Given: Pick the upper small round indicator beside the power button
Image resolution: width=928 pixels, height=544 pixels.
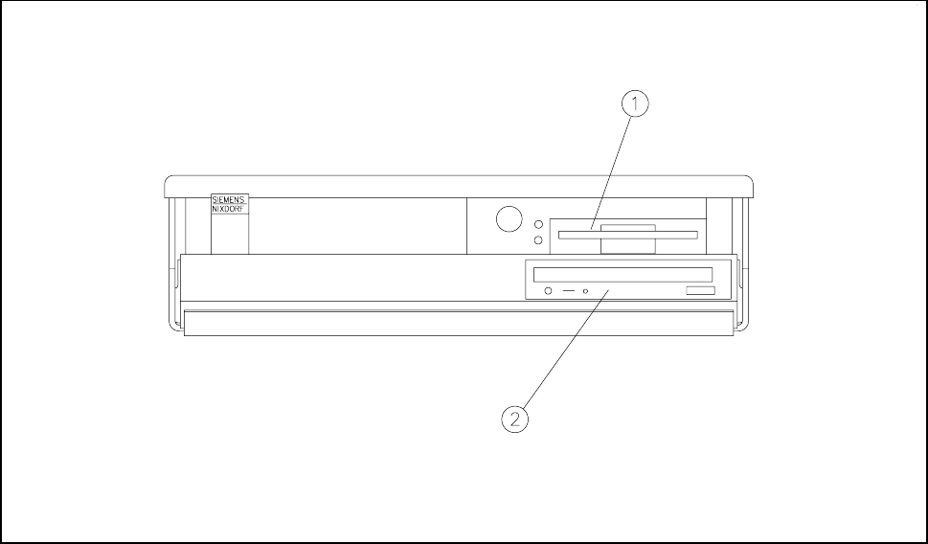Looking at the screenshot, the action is click(538, 223).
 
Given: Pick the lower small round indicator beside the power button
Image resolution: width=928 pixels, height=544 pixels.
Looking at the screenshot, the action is click(538, 238).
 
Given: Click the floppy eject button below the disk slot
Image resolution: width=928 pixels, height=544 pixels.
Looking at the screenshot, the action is click(628, 246).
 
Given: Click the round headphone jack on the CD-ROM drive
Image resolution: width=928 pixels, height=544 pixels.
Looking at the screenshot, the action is click(547, 289).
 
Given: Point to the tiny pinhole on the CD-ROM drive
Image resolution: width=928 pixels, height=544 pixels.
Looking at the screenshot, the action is click(585, 289).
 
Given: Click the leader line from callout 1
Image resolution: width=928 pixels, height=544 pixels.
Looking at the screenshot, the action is click(613, 167).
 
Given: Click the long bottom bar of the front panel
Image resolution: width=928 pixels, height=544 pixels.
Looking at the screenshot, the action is click(460, 323).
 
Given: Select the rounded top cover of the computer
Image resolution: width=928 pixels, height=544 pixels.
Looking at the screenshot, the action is click(460, 184).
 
